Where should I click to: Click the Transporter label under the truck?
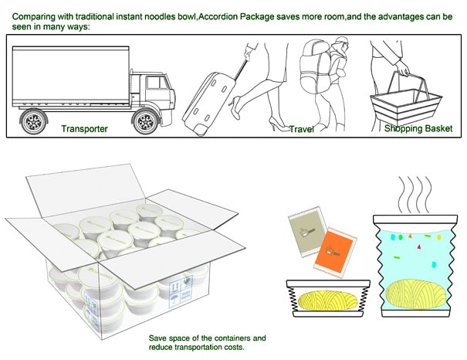(x=84, y=128)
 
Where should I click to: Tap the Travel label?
(x=301, y=129)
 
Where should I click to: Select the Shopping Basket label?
(x=418, y=128)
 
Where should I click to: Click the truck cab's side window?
(x=152, y=77)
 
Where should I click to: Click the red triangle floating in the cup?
(x=420, y=246)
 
